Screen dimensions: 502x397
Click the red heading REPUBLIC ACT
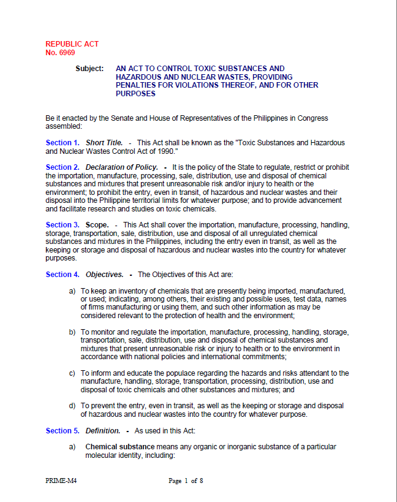[72, 44]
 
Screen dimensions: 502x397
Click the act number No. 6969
[60, 53]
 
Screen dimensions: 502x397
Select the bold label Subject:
[89, 69]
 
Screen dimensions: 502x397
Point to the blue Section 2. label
[62, 167]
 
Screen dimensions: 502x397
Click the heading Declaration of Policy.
[121, 167]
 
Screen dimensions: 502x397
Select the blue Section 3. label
[62, 225]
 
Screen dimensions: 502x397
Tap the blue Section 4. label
[62, 274]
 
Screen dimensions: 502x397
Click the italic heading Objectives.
[104, 274]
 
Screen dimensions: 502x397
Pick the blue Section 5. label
[62, 431]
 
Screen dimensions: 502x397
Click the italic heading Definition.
[102, 431]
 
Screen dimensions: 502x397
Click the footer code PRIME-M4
[61, 481]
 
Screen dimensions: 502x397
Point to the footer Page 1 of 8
[186, 481]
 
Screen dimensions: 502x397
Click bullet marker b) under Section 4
[72, 332]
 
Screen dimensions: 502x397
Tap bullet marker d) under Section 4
[72, 406]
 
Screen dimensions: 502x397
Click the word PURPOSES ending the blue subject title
[135, 94]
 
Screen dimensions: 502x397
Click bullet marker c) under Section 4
[72, 373]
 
